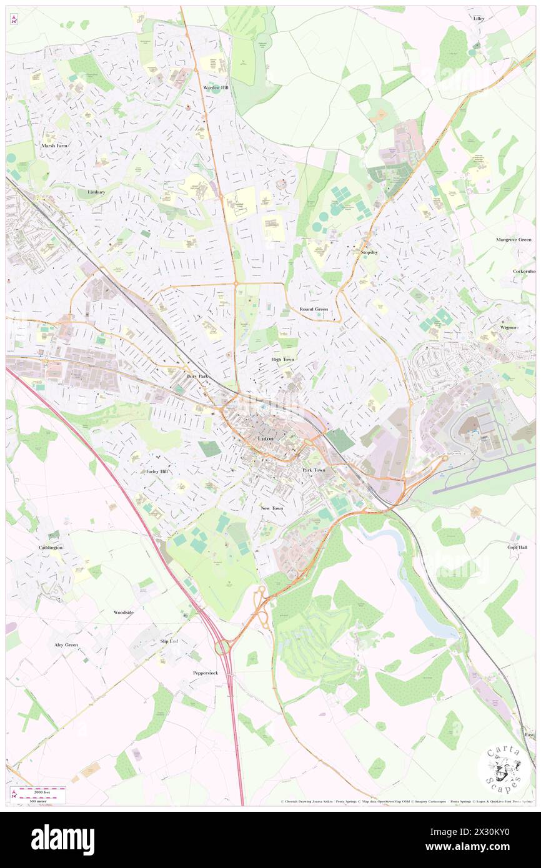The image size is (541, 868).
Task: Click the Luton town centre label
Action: pos(266,439)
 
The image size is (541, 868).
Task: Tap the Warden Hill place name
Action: pos(216,88)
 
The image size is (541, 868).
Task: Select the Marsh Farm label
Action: pos(54,145)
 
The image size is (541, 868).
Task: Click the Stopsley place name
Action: pos(372,252)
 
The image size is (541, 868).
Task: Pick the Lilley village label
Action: pos(479,19)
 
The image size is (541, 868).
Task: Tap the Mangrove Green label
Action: pos(514,240)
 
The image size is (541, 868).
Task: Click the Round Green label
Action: pos(314,309)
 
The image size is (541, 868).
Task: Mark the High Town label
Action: pos(282,360)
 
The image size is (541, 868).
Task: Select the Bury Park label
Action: pos(197,377)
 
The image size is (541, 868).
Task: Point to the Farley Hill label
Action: pos(157,471)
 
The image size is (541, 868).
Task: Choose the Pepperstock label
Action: pos(206,673)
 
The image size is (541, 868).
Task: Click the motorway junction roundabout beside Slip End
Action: pos(222,648)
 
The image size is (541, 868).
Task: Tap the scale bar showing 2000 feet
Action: pos(39,789)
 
